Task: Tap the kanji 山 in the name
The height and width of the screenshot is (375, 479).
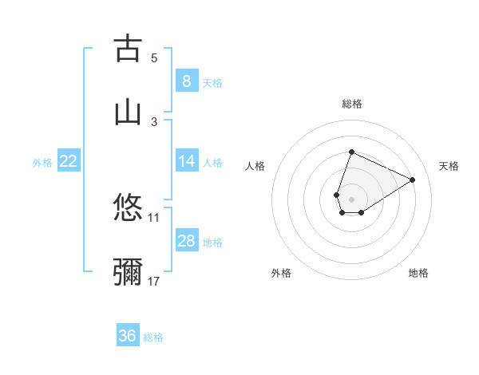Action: (128, 112)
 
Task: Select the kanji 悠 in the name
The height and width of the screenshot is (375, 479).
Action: (128, 208)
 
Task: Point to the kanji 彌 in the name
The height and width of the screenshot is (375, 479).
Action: (128, 272)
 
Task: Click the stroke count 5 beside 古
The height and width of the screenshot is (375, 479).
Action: (154, 57)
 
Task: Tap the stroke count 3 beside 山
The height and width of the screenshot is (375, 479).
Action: (154, 121)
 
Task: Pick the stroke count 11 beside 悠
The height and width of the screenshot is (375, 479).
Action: (154, 217)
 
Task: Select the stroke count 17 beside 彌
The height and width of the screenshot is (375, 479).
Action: (154, 281)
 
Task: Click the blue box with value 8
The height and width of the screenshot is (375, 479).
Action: (186, 81)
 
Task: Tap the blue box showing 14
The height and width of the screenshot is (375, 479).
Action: (186, 161)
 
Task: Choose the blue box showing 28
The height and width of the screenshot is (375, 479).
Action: (186, 241)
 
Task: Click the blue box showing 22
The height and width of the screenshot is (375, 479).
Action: (68, 161)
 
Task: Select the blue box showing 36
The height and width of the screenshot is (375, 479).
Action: (128, 336)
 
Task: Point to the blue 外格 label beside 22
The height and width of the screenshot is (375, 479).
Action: (42, 162)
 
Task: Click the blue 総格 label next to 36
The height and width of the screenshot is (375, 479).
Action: (153, 337)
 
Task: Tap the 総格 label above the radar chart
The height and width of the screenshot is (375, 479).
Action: (351, 104)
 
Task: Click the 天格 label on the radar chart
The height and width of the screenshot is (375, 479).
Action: (449, 166)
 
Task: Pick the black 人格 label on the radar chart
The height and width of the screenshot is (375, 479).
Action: (255, 166)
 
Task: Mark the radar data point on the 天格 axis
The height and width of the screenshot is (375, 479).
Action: (413, 180)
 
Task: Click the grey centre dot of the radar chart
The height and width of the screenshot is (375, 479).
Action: (351, 199)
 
